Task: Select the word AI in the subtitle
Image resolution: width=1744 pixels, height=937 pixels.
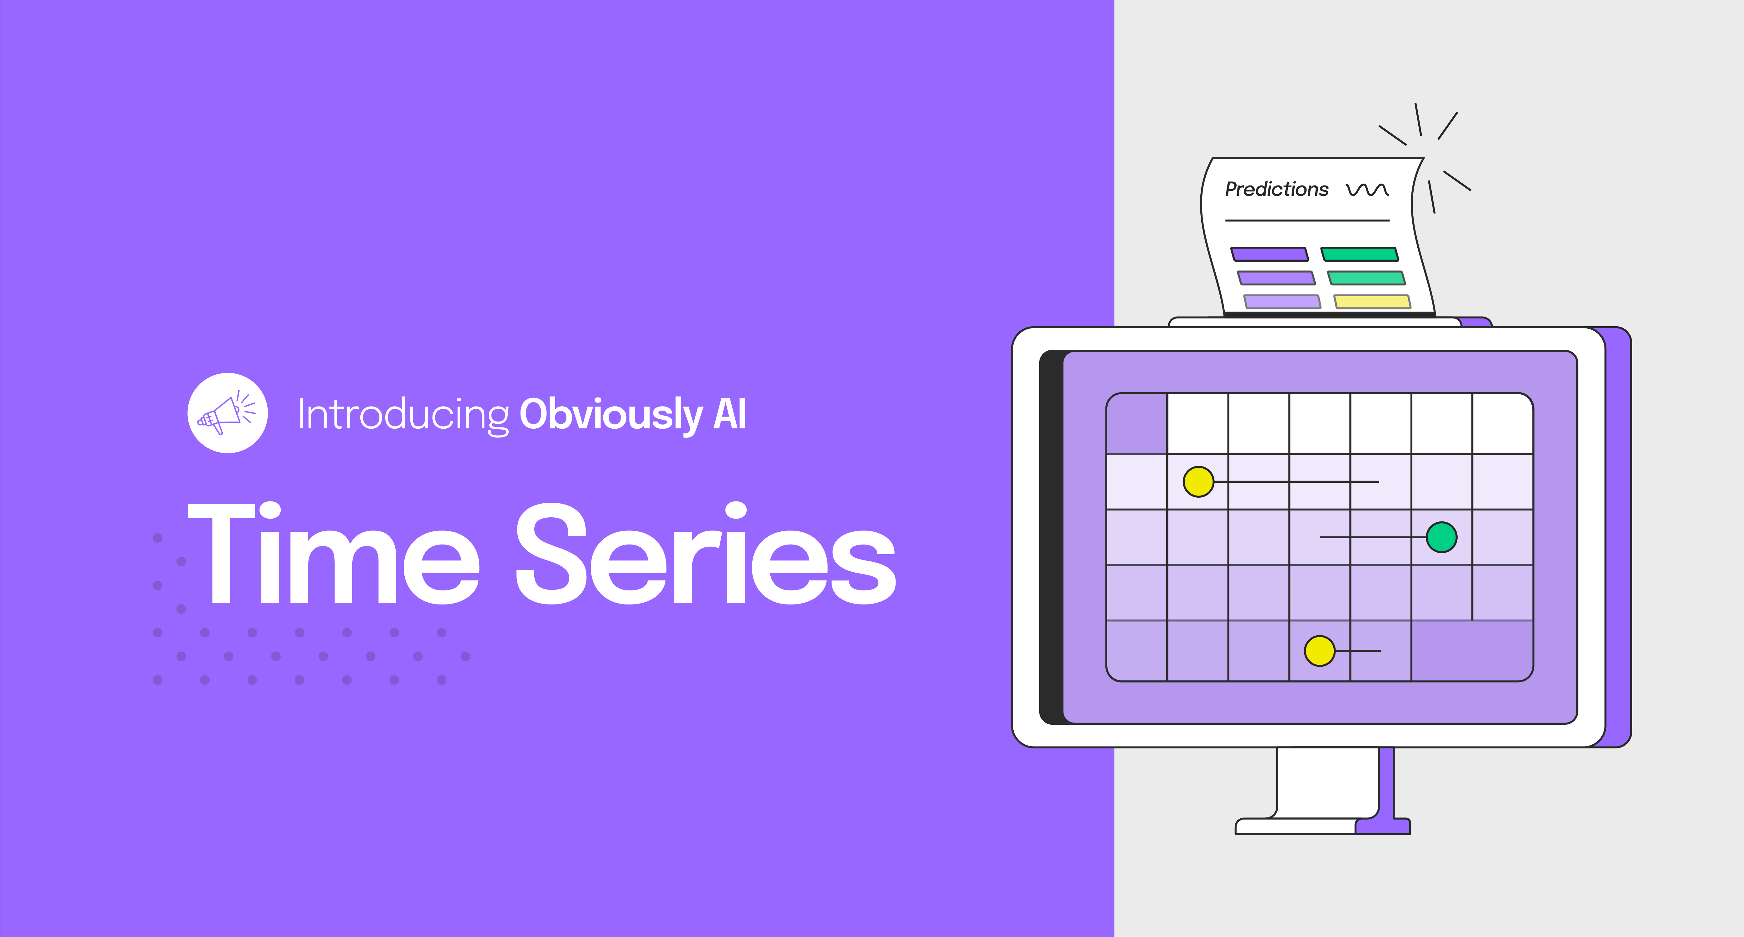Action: tap(730, 414)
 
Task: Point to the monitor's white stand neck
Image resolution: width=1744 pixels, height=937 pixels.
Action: tap(1327, 782)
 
